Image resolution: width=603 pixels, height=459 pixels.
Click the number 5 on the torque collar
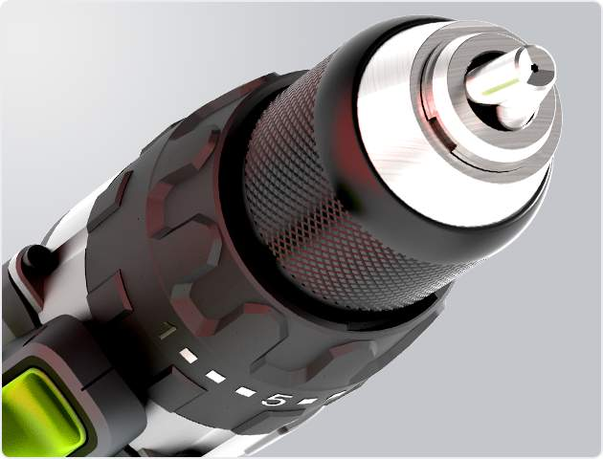(274, 400)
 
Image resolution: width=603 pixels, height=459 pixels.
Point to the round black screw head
(35, 256)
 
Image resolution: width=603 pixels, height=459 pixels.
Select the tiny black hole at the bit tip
(534, 68)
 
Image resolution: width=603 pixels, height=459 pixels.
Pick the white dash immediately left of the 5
(245, 392)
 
